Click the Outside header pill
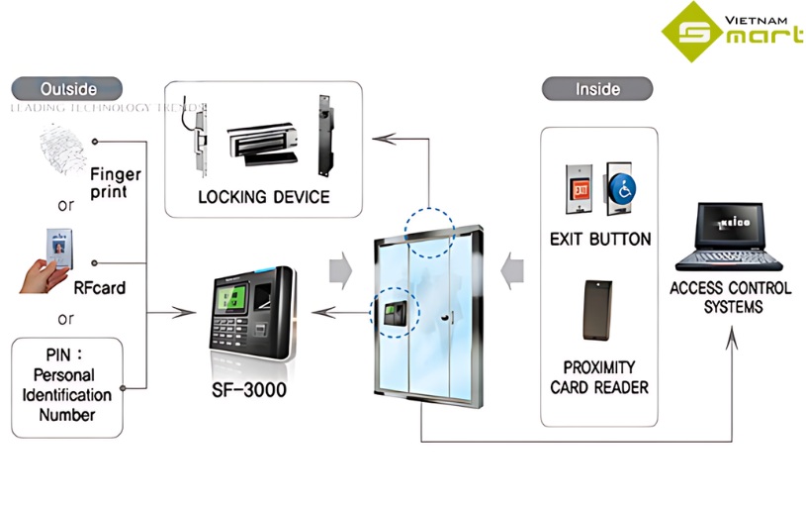click(68, 88)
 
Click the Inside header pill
click(597, 89)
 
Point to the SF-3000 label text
click(249, 389)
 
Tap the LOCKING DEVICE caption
click(264, 197)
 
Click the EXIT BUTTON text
click(600, 239)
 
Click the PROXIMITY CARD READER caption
click(599, 376)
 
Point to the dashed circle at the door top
click(428, 229)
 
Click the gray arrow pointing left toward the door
click(510, 270)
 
